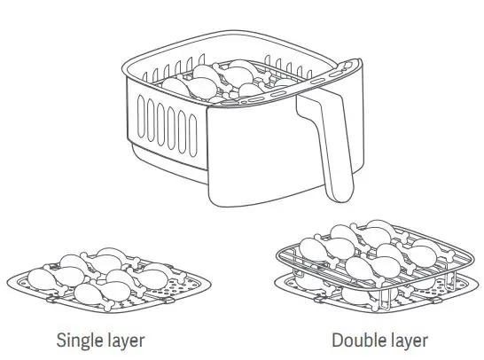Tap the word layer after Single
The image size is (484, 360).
[x=122, y=340]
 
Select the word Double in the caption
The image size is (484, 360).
[x=355, y=340]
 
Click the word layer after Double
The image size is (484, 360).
[x=407, y=340]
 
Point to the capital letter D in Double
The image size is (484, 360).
[x=337, y=340]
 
